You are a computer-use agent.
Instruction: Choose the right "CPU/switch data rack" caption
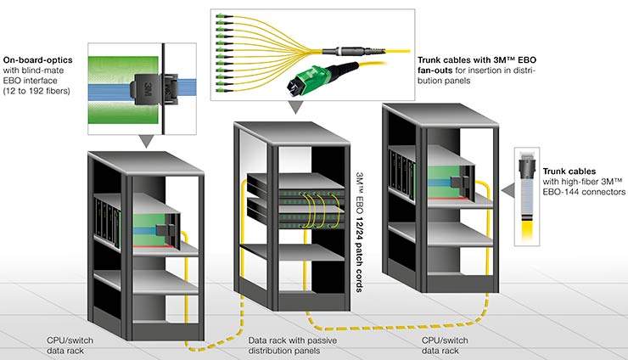[446, 345]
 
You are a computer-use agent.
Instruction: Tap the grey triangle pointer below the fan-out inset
[294, 109]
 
